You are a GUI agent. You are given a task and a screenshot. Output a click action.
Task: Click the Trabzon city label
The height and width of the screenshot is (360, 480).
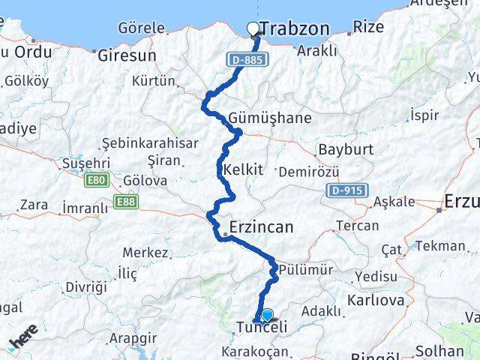pyautogui.click(x=294, y=29)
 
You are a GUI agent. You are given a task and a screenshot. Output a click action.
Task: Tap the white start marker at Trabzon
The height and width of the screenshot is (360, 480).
pyautogui.click(x=253, y=29)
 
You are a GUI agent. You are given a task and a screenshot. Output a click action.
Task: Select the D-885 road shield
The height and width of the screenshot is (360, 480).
pyautogui.click(x=247, y=58)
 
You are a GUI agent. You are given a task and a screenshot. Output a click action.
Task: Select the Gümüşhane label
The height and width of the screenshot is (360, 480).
pyautogui.click(x=259, y=118)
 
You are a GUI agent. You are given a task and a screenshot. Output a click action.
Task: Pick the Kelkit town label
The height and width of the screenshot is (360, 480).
pyautogui.click(x=243, y=169)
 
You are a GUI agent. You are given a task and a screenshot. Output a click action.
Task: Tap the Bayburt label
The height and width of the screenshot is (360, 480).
pyautogui.click(x=345, y=149)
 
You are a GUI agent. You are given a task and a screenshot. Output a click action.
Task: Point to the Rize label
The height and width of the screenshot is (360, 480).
pyautogui.click(x=368, y=27)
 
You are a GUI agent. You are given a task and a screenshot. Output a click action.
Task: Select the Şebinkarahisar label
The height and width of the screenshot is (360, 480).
pyautogui.click(x=150, y=142)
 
